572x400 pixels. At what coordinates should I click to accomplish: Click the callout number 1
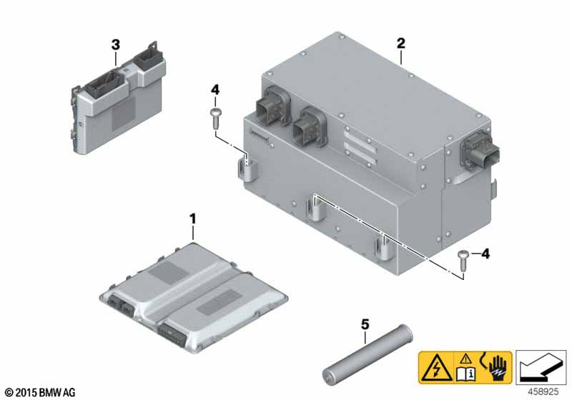pyautogui.click(x=192, y=219)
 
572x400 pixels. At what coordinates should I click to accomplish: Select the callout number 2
pyautogui.click(x=401, y=44)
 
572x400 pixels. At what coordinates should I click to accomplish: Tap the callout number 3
pyautogui.click(x=115, y=45)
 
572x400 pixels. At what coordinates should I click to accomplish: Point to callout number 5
pyautogui.click(x=365, y=324)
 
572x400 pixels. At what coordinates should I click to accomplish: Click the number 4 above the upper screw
pyautogui.click(x=215, y=89)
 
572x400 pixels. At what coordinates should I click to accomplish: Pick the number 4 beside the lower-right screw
pyautogui.click(x=485, y=254)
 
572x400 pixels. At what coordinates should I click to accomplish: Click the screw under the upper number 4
pyautogui.click(x=215, y=119)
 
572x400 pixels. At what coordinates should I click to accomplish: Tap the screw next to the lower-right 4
pyautogui.click(x=463, y=261)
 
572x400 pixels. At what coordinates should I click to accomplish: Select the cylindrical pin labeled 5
pyautogui.click(x=368, y=354)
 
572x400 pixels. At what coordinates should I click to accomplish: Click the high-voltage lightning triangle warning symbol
pyautogui.click(x=436, y=368)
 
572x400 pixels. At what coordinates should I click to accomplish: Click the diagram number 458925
pyautogui.click(x=543, y=392)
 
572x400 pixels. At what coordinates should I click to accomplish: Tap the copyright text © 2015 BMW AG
pyautogui.click(x=41, y=392)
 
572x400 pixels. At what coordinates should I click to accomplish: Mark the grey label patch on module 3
pyautogui.click(x=123, y=114)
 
